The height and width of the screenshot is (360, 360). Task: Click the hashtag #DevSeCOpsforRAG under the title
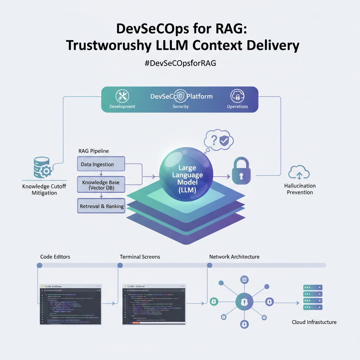tap(180, 63)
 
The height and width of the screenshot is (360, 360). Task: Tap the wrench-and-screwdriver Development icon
tap(122, 96)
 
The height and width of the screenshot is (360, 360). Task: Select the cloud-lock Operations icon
tap(237, 96)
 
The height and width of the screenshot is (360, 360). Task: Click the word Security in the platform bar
tap(181, 107)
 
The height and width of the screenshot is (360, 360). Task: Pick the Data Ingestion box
tap(101, 164)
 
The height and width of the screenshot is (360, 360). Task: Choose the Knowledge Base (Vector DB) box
tap(101, 185)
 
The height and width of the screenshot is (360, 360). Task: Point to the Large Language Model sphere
tap(186, 174)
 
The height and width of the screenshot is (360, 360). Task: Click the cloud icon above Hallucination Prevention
tap(299, 173)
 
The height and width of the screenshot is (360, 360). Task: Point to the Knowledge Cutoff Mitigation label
tap(44, 189)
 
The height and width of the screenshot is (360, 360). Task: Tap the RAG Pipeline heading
tap(94, 151)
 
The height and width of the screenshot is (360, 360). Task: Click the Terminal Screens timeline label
tap(140, 257)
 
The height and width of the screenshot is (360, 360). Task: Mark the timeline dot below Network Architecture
tap(210, 265)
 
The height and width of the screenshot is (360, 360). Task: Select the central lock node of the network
tap(244, 301)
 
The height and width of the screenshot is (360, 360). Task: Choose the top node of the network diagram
tap(244, 280)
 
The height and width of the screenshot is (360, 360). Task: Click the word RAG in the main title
tap(229, 29)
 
